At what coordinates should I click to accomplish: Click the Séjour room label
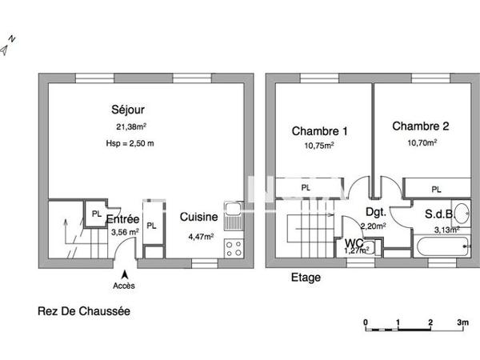127,110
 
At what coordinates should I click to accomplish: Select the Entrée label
124,219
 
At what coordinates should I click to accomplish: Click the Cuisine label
196,218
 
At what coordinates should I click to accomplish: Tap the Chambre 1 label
318,131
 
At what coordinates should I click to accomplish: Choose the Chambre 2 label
420,126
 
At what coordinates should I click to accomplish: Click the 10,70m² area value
420,143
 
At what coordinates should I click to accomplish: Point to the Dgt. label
376,213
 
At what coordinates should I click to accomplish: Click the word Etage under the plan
306,278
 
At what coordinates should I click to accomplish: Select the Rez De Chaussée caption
83,312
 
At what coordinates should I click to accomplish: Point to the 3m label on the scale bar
462,322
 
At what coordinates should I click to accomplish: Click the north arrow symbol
8,46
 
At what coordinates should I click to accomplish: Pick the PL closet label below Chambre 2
436,190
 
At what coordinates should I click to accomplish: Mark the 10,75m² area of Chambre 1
318,146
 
